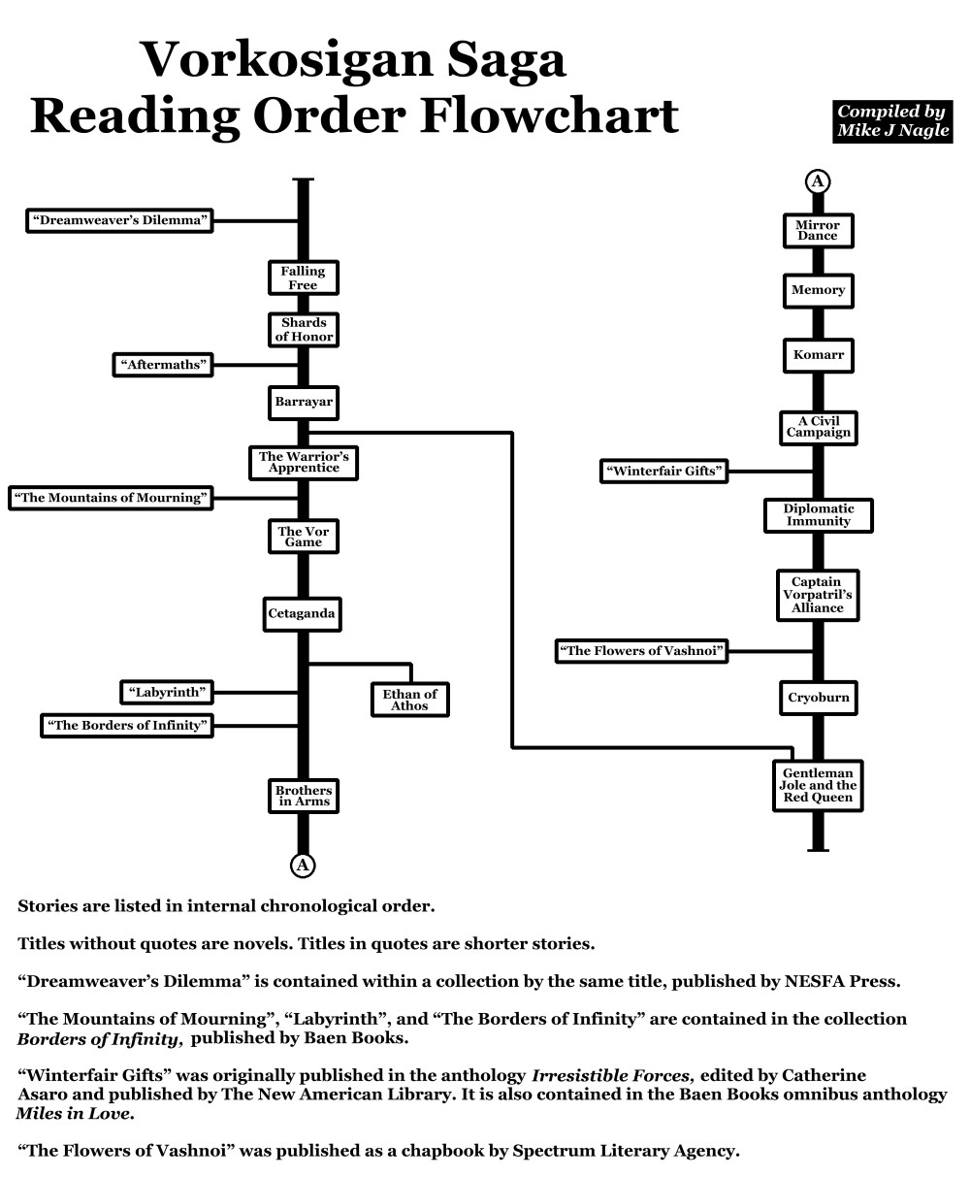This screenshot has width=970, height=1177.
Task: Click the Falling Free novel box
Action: [303, 278]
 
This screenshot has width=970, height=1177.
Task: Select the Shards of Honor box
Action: [303, 330]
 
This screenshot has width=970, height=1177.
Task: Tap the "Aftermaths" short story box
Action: [164, 365]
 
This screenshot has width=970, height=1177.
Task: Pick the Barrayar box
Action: [303, 401]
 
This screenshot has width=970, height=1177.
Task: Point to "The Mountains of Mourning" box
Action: [111, 498]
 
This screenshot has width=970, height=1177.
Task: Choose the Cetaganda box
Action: [303, 613]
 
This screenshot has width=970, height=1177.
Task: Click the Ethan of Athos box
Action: [409, 700]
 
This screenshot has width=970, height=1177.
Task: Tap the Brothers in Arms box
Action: [303, 796]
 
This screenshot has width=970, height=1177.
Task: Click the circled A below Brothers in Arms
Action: [304, 865]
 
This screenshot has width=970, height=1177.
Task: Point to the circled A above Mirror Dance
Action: [818, 181]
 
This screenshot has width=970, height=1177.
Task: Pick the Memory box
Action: [818, 290]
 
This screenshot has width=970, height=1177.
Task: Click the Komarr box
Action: [818, 355]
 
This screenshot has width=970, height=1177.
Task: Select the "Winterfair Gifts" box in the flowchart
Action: [664, 472]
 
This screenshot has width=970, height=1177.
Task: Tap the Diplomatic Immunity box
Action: [818, 515]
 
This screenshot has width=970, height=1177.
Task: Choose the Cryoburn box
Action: [818, 698]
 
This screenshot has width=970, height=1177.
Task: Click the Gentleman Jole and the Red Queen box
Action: [818, 785]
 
